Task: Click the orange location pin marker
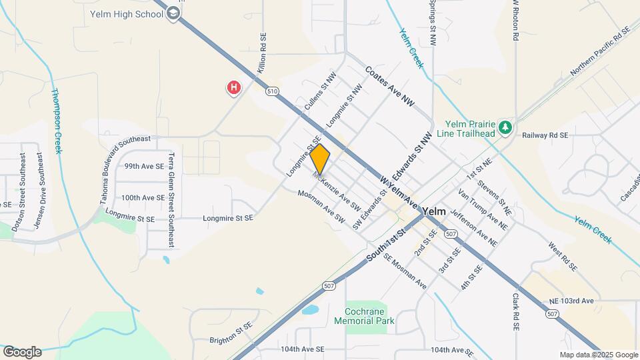320,159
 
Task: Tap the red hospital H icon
233,87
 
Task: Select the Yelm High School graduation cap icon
173,13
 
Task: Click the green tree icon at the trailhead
506,127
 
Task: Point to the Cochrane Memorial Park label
370,316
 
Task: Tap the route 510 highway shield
271,91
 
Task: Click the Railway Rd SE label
545,135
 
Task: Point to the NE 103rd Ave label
571,301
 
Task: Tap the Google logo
22,352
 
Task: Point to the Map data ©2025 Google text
598,355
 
